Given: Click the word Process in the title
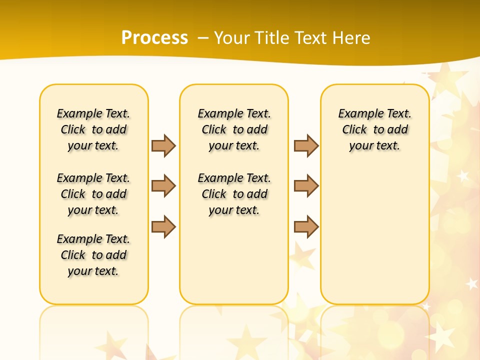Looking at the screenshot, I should coord(154,37).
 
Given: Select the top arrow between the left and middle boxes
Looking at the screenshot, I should coord(163,145).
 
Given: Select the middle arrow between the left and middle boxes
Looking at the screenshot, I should coord(163,186).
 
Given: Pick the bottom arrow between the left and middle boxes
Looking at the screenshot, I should coord(163,226).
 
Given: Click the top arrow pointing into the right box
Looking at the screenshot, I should coord(306,145).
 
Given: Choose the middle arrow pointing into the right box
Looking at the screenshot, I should coord(306,186).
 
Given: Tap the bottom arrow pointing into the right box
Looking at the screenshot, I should coord(306,226).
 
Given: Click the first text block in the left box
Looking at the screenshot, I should coord(93,129).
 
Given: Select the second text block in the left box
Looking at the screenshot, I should coord(93,194).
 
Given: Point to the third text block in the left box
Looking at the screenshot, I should coord(93,255).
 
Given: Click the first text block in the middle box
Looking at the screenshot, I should coord(234,129).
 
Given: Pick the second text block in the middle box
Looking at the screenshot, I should coord(234,194).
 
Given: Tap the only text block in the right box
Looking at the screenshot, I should coord(374,129).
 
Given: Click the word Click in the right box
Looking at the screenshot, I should coord(354,129).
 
